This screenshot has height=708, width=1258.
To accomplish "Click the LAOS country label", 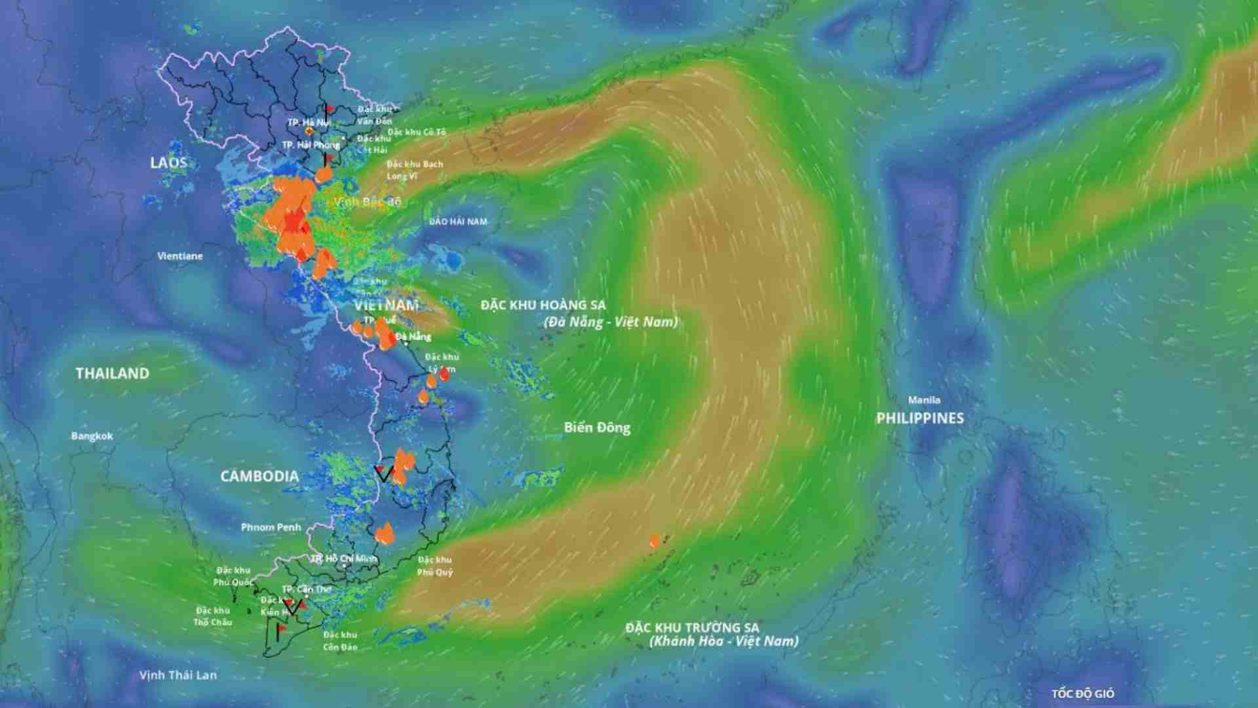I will (x=168, y=163).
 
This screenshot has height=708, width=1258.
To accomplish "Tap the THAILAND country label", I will (x=112, y=374).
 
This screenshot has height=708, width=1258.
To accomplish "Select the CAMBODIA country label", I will (x=259, y=477).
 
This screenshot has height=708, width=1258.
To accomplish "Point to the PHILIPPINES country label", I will (x=920, y=418).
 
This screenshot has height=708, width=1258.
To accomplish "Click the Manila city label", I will (x=924, y=400).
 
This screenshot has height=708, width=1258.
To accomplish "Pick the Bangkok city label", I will (x=92, y=436).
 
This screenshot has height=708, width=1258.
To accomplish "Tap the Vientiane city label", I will (x=180, y=256).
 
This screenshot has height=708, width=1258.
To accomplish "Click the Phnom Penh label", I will (x=271, y=527).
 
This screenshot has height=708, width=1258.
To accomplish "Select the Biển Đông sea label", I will (x=597, y=428).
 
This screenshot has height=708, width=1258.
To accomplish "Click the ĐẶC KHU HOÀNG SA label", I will (x=543, y=305).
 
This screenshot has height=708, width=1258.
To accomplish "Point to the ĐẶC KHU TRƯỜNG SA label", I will (x=692, y=628).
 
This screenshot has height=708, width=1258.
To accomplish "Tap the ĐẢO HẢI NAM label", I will (x=458, y=222).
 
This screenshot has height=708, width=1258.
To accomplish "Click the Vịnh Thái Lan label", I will (x=178, y=675).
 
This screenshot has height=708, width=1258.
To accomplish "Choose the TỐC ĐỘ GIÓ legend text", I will (x=1082, y=694).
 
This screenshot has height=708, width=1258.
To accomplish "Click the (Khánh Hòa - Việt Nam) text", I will (x=723, y=641).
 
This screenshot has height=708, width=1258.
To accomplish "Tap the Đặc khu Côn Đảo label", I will (x=340, y=641).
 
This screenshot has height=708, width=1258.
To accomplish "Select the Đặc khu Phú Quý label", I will (x=435, y=566).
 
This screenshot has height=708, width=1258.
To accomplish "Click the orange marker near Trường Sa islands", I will (x=654, y=541).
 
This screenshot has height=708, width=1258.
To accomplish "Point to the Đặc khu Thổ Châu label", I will (x=212, y=616).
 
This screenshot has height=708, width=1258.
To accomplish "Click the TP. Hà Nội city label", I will (x=308, y=123).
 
